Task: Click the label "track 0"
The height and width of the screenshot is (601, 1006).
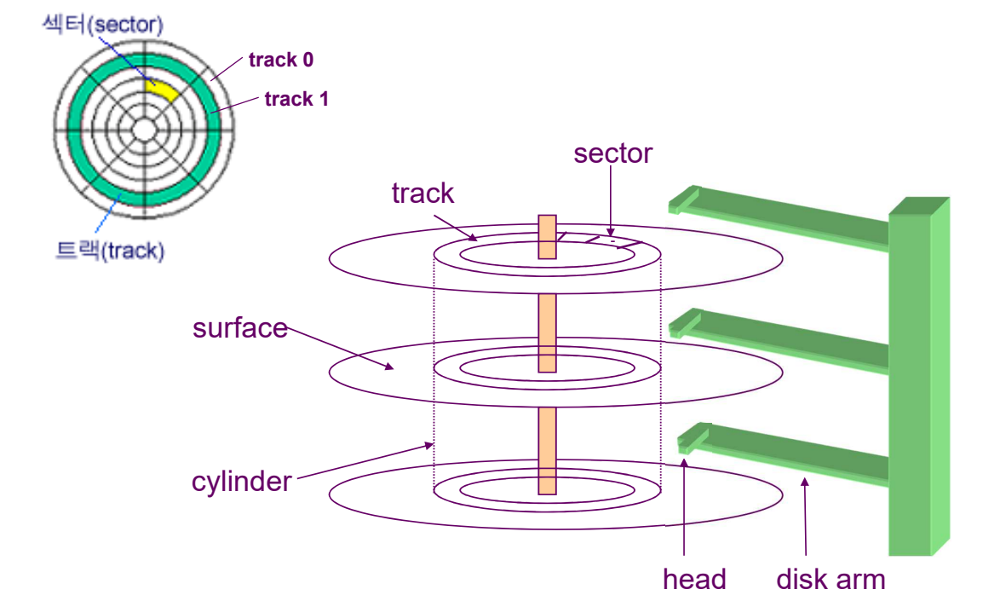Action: coord(280,61)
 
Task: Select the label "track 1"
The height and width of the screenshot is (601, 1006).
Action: coord(296,100)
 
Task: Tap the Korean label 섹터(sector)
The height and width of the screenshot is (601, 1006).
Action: coord(102,24)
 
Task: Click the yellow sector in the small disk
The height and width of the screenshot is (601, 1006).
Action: coord(163,89)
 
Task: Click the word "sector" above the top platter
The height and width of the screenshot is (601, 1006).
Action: coord(612,153)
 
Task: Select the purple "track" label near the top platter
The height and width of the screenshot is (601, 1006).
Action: coord(423,194)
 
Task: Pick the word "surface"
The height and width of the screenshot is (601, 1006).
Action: coord(240,328)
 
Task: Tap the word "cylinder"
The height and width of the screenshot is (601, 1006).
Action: coord(242,482)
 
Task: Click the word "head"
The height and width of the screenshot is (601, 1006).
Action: coord(694,580)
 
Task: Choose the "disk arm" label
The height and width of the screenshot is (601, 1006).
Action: coord(831,580)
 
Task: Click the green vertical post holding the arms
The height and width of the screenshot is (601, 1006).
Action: coord(917,375)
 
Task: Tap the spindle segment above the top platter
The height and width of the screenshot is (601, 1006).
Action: coord(547,236)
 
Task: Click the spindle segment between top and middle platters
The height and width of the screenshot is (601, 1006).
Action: coord(547,332)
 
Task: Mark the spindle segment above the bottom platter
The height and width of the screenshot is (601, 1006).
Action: coord(547,449)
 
